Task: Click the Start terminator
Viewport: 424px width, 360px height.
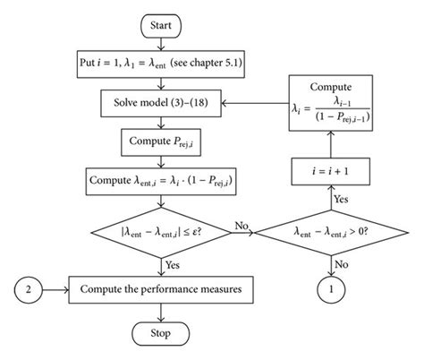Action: click(x=159, y=25)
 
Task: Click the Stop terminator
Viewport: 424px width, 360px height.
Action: click(x=159, y=333)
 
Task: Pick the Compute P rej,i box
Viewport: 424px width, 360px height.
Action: click(x=159, y=141)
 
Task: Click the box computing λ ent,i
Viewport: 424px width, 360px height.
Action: click(x=159, y=180)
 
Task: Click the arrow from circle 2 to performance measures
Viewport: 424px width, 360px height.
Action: click(x=60, y=290)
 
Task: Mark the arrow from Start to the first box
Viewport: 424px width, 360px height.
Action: click(x=159, y=45)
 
